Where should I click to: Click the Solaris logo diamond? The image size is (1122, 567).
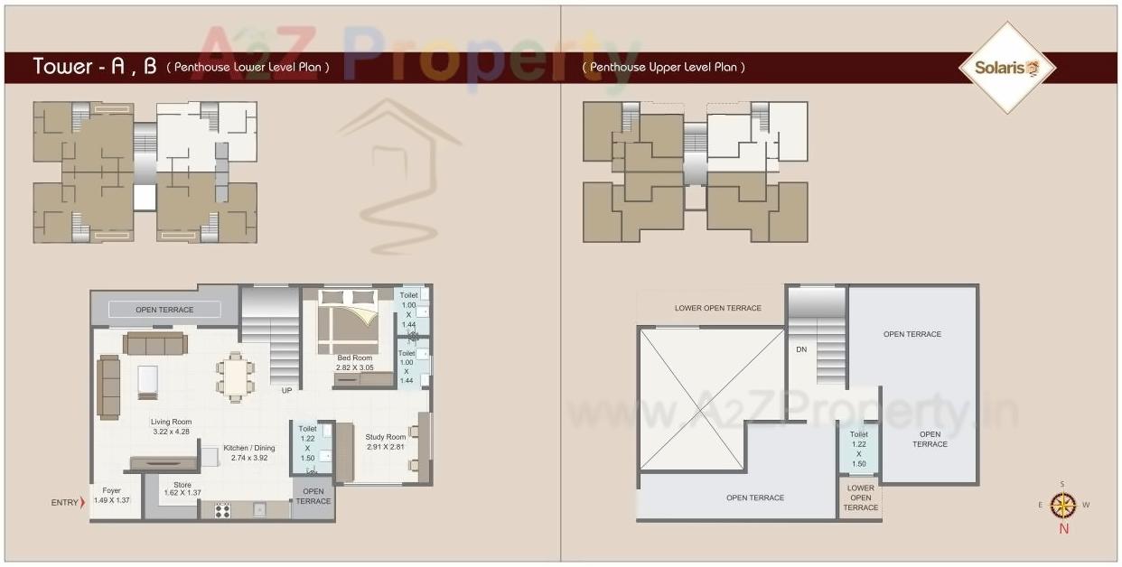coord(1005,68)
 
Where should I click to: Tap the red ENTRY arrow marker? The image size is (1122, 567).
coord(82,502)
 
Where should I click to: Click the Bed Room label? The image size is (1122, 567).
coord(354,363)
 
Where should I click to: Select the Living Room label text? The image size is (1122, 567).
coord(171,426)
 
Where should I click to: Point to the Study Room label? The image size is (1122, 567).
coord(386,442)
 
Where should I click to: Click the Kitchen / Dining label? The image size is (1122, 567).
coord(249,453)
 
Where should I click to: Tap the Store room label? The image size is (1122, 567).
coord(182,488)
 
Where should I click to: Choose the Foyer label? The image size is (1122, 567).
coord(112,495)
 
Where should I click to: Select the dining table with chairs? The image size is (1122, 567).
coord(236,376)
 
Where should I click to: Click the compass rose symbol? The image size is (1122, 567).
coord(1063,505)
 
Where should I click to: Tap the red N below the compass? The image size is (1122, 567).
coord(1063,529)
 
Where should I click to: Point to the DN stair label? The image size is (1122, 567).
coord(801,349)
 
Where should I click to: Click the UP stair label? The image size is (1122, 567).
coord(286,391)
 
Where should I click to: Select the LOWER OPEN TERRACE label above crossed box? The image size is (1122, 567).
coord(718,309)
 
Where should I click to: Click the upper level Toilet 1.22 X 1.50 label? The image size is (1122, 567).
coord(858,449)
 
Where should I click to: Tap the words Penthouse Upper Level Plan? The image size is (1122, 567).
coord(664,68)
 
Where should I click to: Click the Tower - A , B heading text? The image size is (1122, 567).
coord(95,66)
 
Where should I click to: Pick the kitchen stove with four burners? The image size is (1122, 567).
coord(221,510)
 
